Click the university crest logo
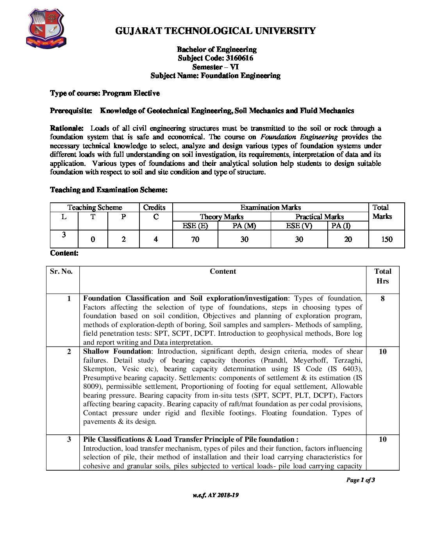46,29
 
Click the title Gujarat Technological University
215,31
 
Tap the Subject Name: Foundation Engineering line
215,76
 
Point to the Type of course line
105,93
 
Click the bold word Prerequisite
71,111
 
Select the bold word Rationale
66,128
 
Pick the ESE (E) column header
195,226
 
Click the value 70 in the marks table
195,239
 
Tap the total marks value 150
386,239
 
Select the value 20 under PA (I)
348,239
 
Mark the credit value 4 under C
155,239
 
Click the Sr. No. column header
61,271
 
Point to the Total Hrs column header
382,276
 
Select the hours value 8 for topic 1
382,299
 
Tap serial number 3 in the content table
69,439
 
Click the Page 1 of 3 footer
360,480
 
